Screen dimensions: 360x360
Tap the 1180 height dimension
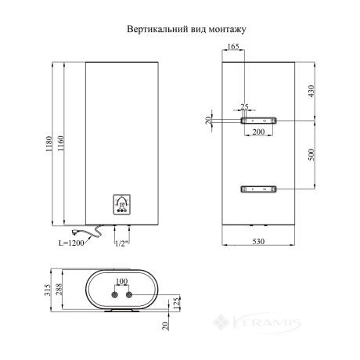[49, 144]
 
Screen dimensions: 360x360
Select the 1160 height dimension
[60, 143]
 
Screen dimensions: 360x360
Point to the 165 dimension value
[233, 46]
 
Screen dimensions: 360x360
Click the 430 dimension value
[311, 91]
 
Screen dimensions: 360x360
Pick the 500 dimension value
[311, 154]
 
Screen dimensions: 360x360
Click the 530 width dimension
[258, 242]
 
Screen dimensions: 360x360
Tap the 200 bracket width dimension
[258, 132]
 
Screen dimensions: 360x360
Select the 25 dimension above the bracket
[244, 106]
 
